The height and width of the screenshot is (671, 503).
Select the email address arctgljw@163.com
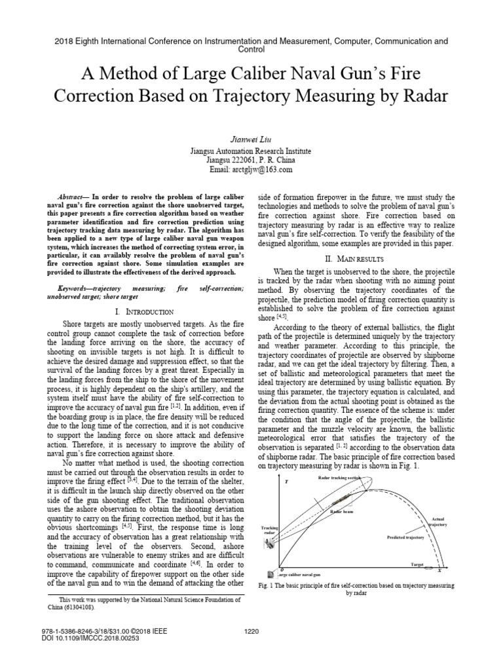coord(265,169)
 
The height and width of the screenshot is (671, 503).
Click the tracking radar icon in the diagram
coord(270,541)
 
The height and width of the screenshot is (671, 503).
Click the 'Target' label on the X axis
coord(417,564)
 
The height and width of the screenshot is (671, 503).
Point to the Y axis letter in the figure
coord(286,482)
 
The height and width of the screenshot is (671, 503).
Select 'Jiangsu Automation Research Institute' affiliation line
coord(251,150)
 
